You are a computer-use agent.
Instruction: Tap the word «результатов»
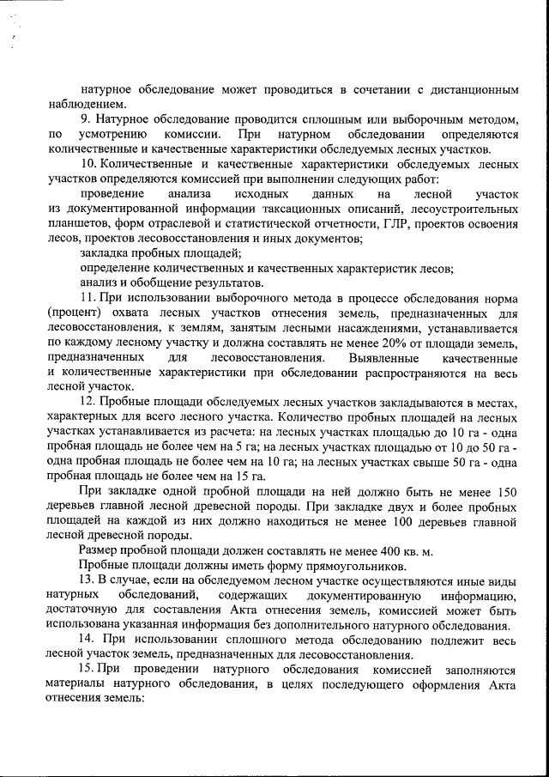click(230, 282)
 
